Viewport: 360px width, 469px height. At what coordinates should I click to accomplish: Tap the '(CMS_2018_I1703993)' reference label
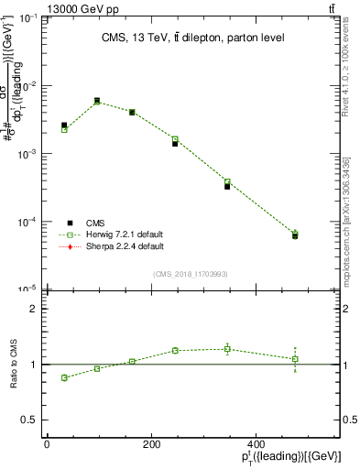[x=189, y=273]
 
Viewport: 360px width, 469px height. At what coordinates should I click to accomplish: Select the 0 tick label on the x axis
[x=47, y=444]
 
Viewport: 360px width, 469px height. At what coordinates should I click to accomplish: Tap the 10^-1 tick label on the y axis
[x=27, y=18]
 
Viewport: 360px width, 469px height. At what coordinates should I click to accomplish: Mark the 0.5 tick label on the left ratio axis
[x=29, y=420]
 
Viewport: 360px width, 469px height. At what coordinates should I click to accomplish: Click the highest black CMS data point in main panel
[x=97, y=101]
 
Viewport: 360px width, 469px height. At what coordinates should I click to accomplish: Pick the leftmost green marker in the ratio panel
[x=64, y=377]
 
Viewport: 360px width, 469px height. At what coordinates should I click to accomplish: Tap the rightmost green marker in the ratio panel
[x=295, y=359]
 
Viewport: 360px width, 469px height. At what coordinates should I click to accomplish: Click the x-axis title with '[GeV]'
[x=291, y=457]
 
